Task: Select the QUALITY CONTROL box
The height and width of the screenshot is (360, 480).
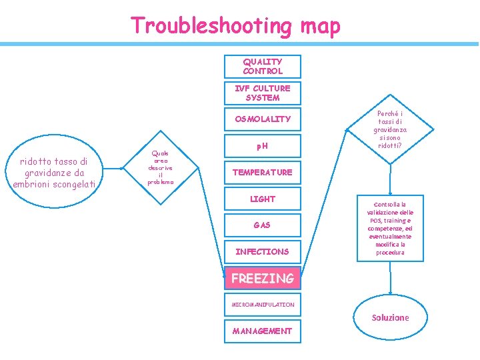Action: pyautogui.click(x=262, y=66)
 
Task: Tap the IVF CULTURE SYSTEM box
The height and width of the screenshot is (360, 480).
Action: pyautogui.click(x=262, y=93)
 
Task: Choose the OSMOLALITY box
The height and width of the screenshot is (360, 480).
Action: pyautogui.click(x=262, y=119)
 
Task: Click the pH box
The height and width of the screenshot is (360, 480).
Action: pyautogui.click(x=262, y=145)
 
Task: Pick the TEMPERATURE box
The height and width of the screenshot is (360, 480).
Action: pyautogui.click(x=262, y=172)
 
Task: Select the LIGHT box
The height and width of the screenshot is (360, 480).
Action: pyautogui.click(x=262, y=199)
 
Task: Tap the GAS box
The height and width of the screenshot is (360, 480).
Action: pyautogui.click(x=262, y=225)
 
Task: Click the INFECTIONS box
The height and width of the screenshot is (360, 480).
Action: pyautogui.click(x=262, y=251)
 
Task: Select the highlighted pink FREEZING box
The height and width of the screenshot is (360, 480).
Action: pyautogui.click(x=262, y=278)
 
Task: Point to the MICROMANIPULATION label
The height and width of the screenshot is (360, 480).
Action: pyautogui.click(x=262, y=305)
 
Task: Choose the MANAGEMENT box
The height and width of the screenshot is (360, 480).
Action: pyautogui.click(x=262, y=331)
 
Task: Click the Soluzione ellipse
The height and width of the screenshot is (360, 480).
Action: pyautogui.click(x=390, y=317)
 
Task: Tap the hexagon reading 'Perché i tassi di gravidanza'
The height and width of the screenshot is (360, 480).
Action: pyautogui.click(x=391, y=129)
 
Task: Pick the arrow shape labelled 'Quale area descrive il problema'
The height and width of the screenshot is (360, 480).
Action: pyautogui.click(x=161, y=167)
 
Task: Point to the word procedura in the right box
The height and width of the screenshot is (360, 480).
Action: pyautogui.click(x=389, y=253)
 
